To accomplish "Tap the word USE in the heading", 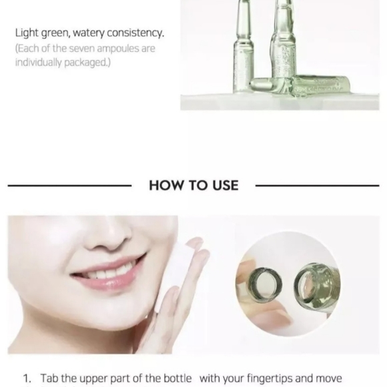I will (x=222, y=185).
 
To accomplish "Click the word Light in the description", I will (x=27, y=33).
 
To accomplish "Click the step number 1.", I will (x=27, y=378).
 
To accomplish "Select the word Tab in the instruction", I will (x=49, y=378).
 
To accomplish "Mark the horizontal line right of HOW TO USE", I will (x=316, y=185).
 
